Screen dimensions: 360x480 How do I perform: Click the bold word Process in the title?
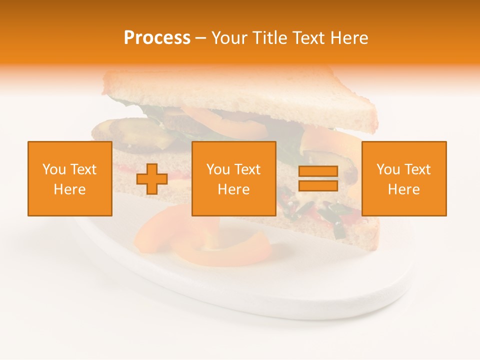pos(157,38)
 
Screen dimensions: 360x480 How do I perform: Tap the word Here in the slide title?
pos(349,38)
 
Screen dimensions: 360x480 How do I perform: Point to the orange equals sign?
pos(318,179)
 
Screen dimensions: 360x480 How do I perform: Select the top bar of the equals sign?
pos(318,172)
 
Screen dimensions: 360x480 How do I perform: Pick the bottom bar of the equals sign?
pos(318,186)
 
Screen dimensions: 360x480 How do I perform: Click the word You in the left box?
pos(54,169)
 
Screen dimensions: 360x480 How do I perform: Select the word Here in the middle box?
pos(234,189)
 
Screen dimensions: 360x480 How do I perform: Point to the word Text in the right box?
pos(417,169)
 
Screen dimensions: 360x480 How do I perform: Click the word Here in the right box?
pos(404,189)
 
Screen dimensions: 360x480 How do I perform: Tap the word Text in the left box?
pos(83,169)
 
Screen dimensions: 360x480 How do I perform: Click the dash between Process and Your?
pos(201,38)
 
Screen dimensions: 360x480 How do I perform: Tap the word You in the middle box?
pos(218,169)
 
